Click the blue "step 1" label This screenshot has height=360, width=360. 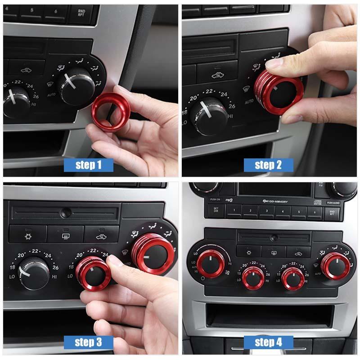(x=88, y=165)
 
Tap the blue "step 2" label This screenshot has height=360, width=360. (x=268, y=165)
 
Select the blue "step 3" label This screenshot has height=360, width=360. (x=88, y=342)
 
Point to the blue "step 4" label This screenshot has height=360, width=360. (x=268, y=342)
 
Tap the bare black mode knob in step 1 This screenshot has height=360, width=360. (x=77, y=86)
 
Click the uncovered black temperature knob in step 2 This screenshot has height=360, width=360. (x=207, y=115)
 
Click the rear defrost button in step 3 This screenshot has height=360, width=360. (x=65, y=234)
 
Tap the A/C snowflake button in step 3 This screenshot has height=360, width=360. (x=28, y=234)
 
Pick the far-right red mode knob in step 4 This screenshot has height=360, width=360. (x=334, y=265)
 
